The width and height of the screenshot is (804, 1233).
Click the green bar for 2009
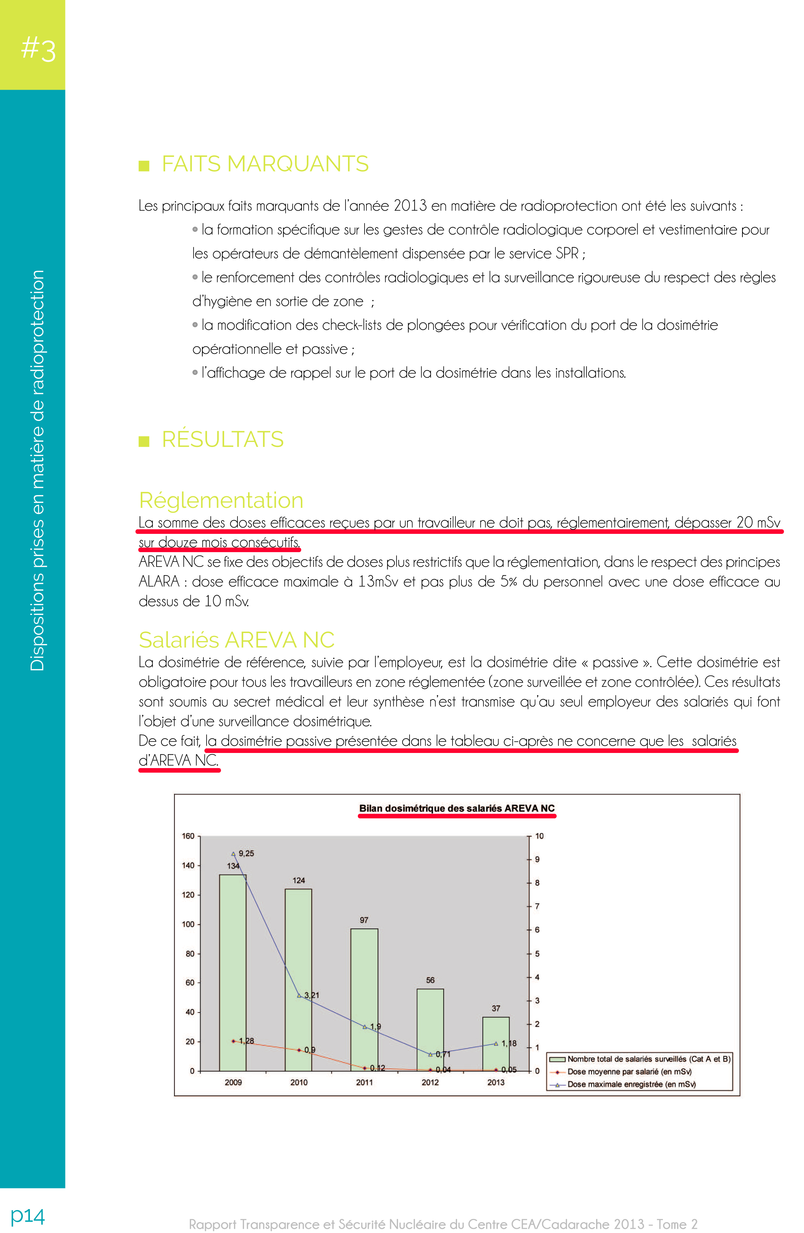tap(233, 974)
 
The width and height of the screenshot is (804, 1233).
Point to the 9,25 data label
tap(246, 853)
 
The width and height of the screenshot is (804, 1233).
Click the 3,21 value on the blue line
tap(311, 995)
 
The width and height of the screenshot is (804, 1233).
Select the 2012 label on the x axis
tap(430, 1082)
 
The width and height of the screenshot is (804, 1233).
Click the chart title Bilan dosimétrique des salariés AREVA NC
tap(457, 808)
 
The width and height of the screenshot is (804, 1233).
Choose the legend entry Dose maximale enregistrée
tap(631, 1084)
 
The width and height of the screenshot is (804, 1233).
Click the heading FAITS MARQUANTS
tap(265, 164)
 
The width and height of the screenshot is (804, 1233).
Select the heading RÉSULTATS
tap(222, 439)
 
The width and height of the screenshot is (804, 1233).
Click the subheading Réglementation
tap(221, 500)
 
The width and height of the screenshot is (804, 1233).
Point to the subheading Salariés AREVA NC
tap(236, 640)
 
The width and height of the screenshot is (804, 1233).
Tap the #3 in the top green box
tap(38, 49)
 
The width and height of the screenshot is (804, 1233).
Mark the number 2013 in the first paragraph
tap(410, 206)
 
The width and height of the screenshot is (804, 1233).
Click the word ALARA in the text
tap(159, 582)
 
